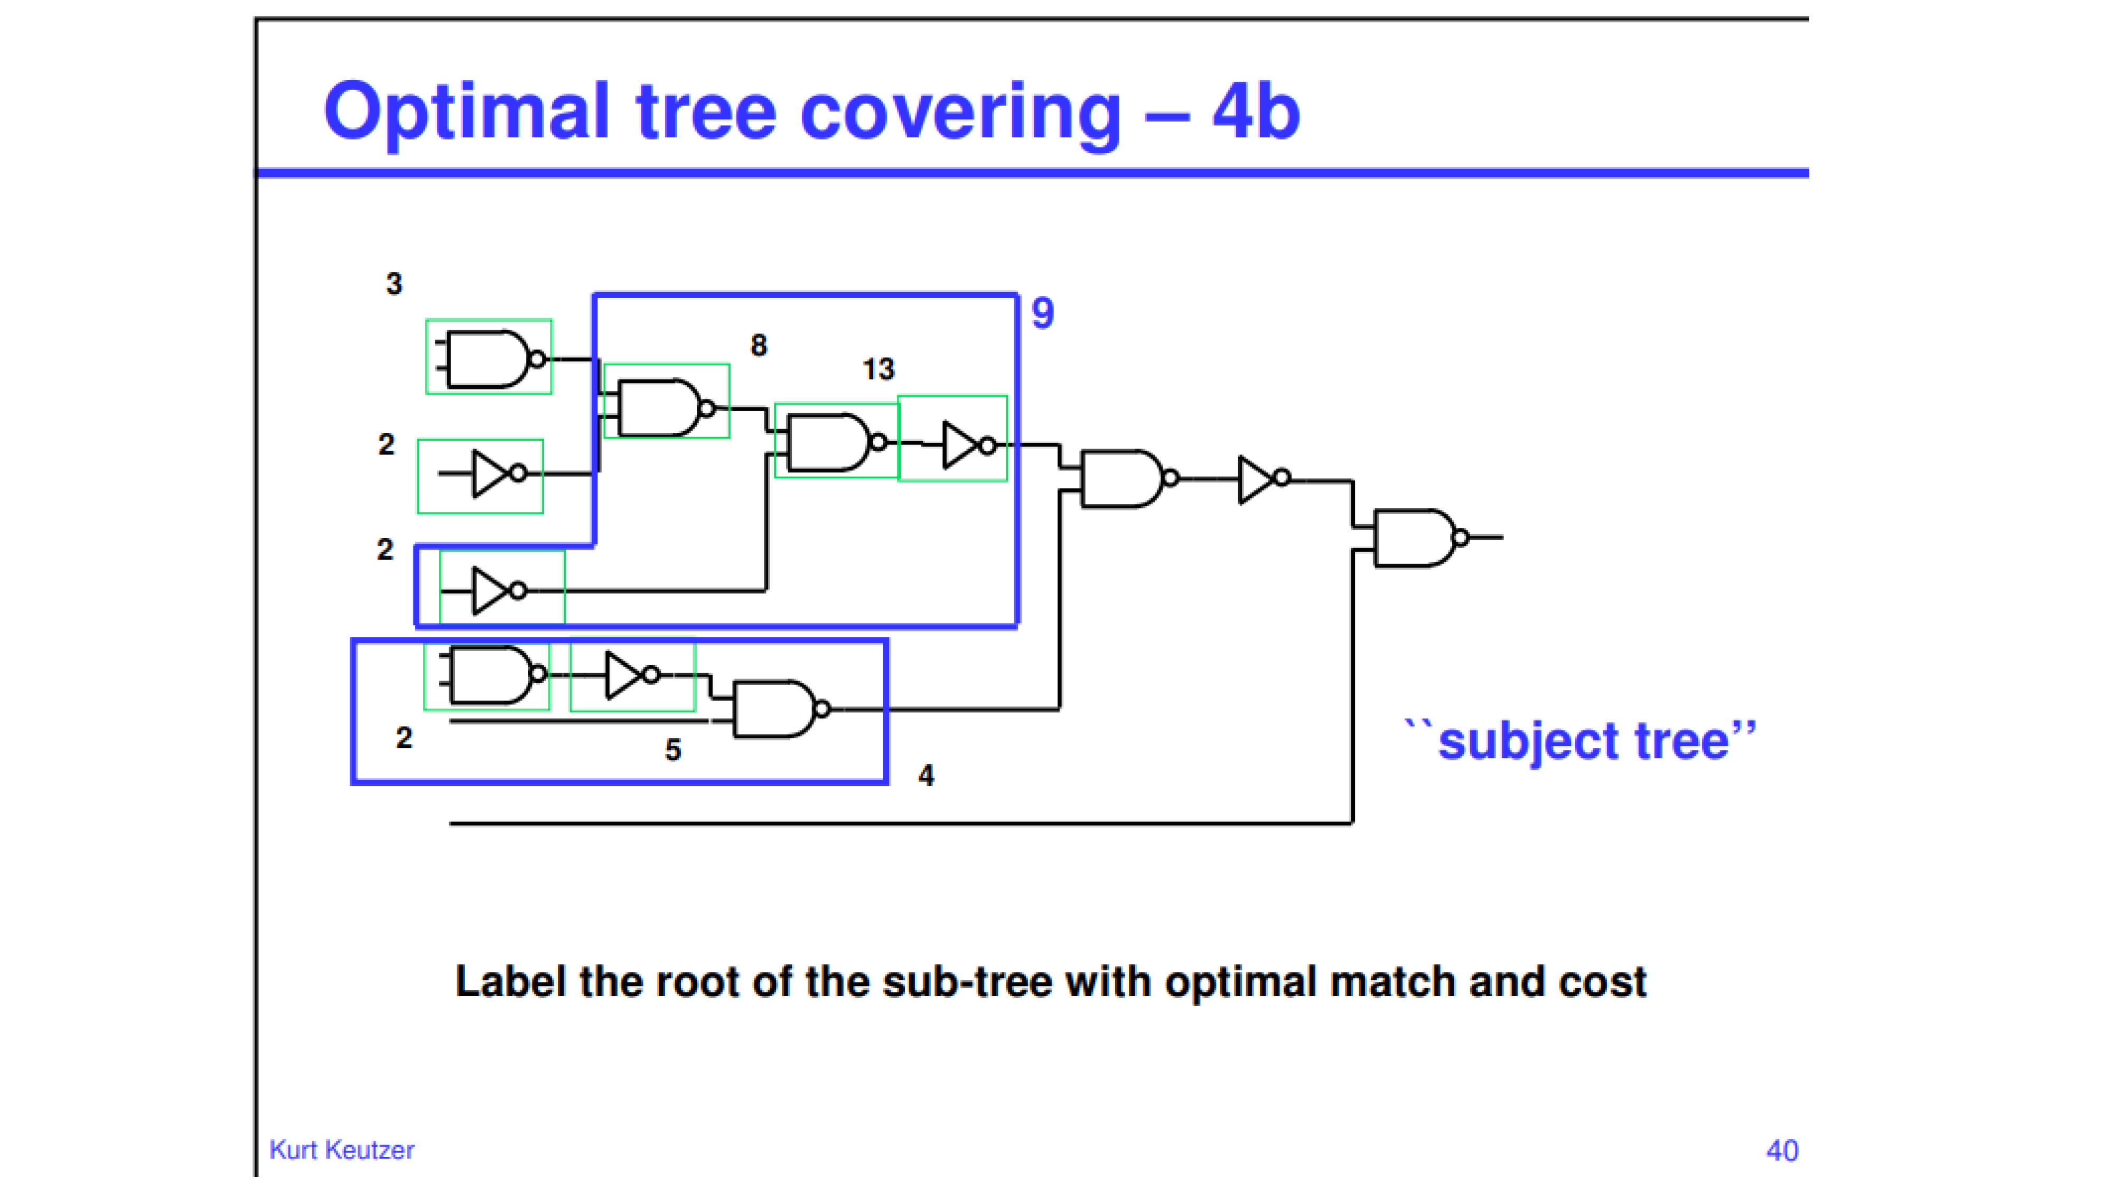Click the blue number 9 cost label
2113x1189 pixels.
pyautogui.click(x=1043, y=313)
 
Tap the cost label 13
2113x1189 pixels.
pyautogui.click(x=878, y=369)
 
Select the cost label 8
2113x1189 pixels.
pyautogui.click(x=759, y=346)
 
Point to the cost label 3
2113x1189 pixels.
pyautogui.click(x=394, y=284)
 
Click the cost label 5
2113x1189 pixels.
pyautogui.click(x=672, y=750)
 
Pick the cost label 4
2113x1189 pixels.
pyautogui.click(x=926, y=775)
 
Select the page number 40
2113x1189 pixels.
pyautogui.click(x=1782, y=1150)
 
